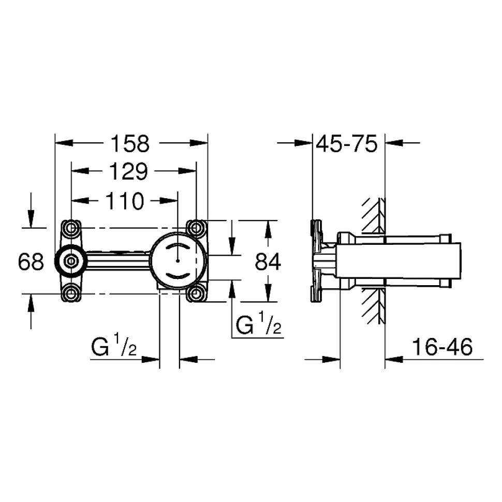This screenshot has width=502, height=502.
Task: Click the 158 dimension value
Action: coord(130,144)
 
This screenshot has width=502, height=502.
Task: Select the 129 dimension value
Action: coord(128,172)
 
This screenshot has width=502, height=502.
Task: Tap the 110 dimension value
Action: coord(125,201)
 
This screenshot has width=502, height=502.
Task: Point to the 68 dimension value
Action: coord(31,261)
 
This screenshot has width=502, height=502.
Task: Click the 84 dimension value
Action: coord(268,261)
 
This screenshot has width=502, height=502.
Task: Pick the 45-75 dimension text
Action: coord(347,144)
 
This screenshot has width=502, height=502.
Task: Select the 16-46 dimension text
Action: coord(442,347)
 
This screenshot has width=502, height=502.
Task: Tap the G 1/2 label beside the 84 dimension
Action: coord(258,324)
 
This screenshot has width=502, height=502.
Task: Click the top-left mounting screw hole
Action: coord(71,228)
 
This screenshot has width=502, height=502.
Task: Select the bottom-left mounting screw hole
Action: coord(71,293)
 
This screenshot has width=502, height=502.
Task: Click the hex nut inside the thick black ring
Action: coord(70,261)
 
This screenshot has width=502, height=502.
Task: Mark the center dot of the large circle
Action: coord(178,260)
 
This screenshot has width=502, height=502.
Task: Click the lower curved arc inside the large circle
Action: coord(178,276)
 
